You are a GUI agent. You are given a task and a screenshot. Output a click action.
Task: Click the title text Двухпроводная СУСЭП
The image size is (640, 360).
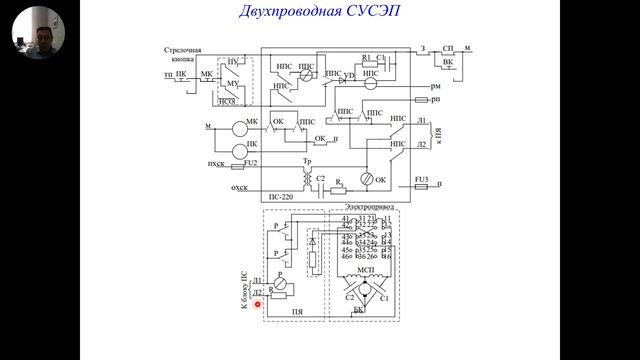pyautogui.click(x=319, y=13)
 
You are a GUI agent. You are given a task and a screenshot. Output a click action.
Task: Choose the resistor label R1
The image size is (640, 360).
pyautogui.click(x=367, y=58)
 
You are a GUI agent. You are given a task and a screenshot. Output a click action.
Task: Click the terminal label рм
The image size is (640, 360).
pyautogui.click(x=436, y=87)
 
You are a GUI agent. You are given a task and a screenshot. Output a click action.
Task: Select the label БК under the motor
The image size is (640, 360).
pyautogui.click(x=359, y=310)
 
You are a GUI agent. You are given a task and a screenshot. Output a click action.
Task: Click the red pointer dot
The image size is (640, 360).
pyautogui.click(x=257, y=304)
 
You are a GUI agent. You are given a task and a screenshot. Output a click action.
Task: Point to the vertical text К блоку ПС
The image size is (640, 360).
pyautogui.click(x=243, y=296)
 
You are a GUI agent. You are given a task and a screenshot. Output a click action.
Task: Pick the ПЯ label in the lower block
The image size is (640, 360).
pyautogui.click(x=296, y=313)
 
